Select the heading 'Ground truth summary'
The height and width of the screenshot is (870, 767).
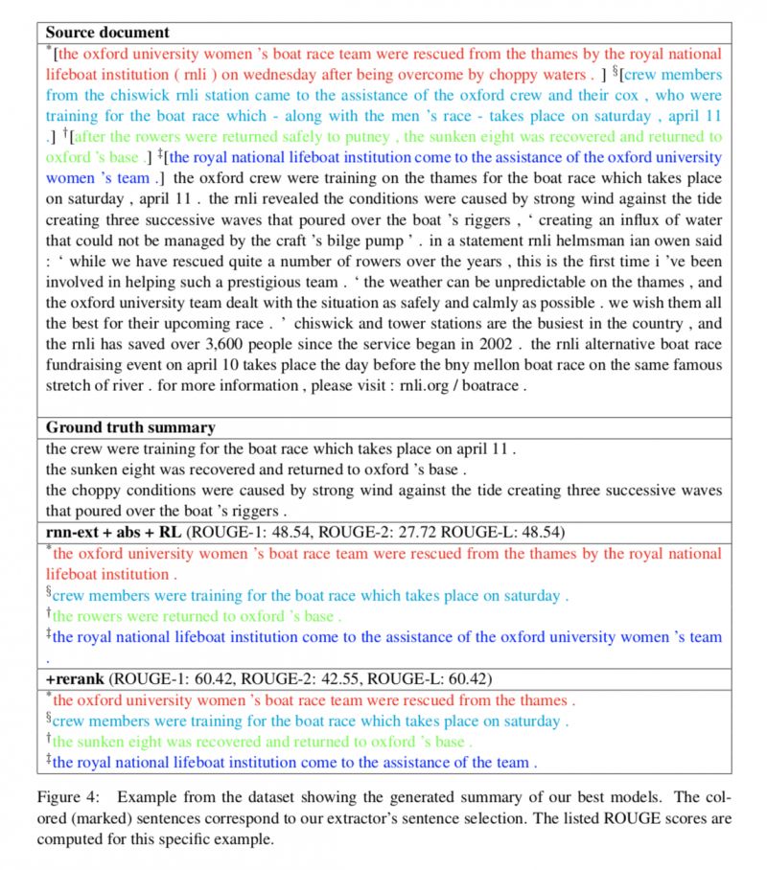[x=130, y=427]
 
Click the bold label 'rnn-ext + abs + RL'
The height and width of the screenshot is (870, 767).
[x=114, y=532]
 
